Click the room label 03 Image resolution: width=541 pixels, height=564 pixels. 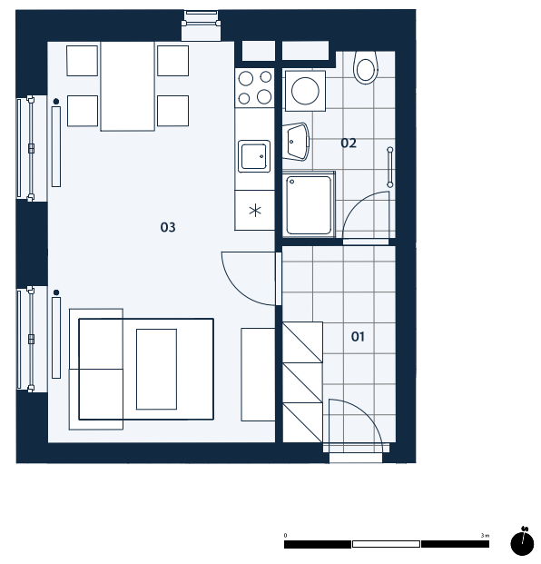168,227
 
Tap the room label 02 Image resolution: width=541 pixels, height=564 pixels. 349,143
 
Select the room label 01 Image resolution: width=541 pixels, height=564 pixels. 358,337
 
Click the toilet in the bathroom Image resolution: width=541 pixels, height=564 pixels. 366,67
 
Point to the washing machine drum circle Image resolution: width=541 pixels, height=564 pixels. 305,91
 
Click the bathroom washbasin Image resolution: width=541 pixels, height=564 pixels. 296,142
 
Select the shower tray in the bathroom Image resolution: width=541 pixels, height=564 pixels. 309,205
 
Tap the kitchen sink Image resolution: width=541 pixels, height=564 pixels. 254,156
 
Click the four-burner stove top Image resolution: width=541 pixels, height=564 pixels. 255,87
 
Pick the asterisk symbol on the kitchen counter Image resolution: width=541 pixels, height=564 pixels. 255,211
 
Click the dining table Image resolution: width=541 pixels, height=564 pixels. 128,86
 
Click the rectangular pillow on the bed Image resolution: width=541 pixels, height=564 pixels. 156,369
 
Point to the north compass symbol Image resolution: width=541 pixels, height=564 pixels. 522,541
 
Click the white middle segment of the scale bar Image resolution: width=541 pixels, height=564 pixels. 386,544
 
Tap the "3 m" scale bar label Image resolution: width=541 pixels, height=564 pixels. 485,535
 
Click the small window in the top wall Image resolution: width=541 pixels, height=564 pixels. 201,25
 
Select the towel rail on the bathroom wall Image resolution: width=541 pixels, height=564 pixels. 390,167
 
